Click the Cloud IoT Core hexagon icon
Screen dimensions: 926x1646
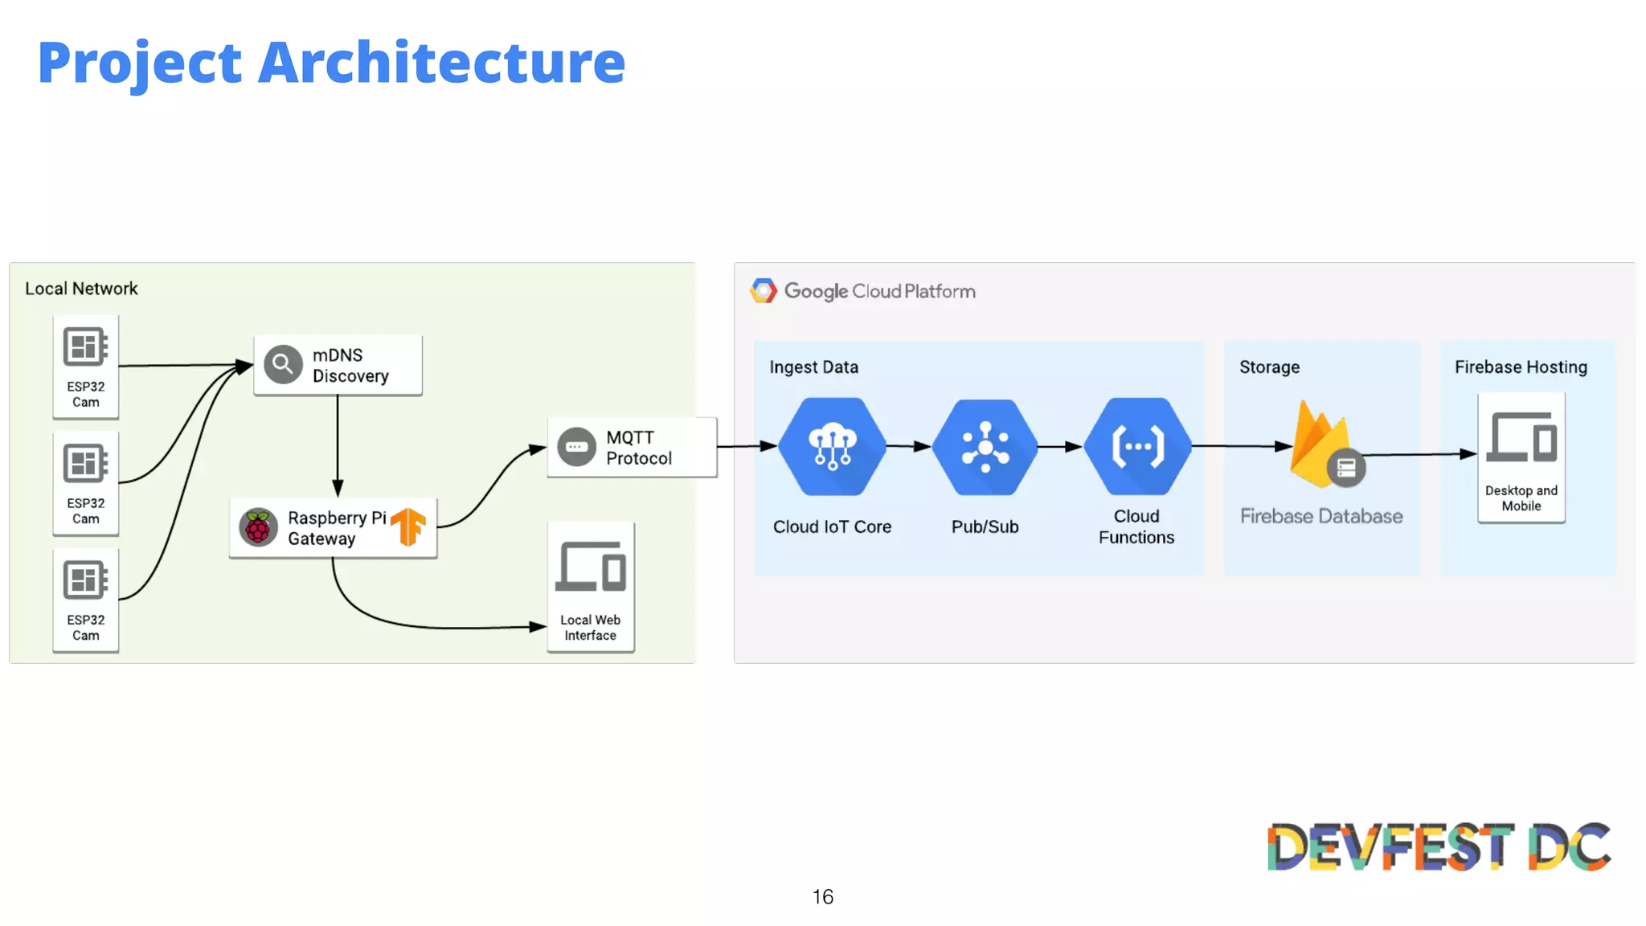(x=833, y=446)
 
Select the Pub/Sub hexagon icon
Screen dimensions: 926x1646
(x=985, y=447)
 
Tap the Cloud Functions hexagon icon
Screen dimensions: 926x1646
(x=1137, y=446)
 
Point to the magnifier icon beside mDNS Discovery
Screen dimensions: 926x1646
(x=283, y=365)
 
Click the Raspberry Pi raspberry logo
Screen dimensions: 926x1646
(x=258, y=528)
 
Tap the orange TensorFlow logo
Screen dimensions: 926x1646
(x=408, y=527)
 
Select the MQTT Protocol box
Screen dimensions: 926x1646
(x=632, y=448)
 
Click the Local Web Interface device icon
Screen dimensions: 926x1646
(x=591, y=567)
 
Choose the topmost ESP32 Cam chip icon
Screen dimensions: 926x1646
(x=85, y=347)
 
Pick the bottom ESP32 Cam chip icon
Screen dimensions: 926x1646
(x=85, y=580)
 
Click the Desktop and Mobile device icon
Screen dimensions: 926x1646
(x=1521, y=438)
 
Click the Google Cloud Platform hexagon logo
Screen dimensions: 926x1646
(x=764, y=291)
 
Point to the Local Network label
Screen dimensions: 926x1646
(x=81, y=289)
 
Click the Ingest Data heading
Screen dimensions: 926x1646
(x=813, y=367)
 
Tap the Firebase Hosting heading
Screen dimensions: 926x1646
(x=1521, y=367)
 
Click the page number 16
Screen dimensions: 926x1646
(x=822, y=897)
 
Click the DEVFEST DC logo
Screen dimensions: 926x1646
(x=1439, y=846)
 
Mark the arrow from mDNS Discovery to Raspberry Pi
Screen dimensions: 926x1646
(x=338, y=446)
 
